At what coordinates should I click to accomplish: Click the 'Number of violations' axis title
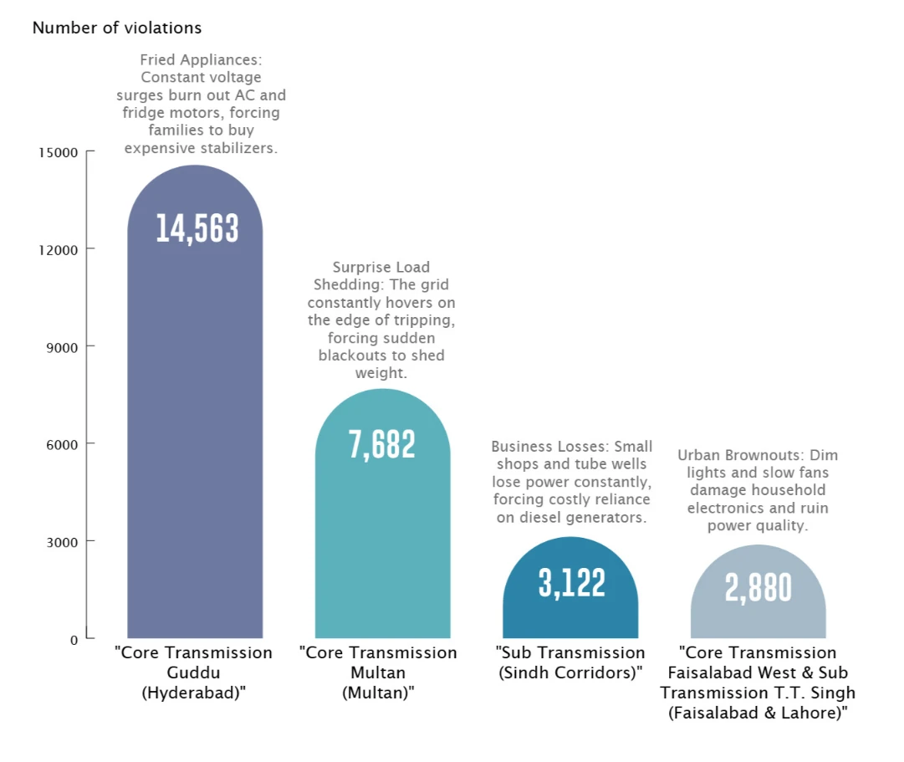117,28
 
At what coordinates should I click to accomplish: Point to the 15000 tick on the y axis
59,153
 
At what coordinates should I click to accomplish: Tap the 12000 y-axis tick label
59,250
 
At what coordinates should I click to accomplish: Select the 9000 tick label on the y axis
62,348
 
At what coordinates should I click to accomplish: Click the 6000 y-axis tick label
62,445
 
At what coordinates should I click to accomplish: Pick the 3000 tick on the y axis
62,542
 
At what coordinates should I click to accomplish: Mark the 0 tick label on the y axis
74,640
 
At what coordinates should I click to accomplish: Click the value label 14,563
197,228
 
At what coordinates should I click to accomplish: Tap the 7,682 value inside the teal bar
381,445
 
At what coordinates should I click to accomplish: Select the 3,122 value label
572,583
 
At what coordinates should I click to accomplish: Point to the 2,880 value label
758,588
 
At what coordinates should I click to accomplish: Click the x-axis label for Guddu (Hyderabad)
194,673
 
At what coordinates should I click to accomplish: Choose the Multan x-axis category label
378,673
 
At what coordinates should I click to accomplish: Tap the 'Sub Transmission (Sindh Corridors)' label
570,662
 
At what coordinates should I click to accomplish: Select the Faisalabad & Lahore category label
758,683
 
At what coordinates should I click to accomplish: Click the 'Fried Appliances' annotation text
202,104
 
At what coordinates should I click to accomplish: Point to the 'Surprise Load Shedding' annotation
381,320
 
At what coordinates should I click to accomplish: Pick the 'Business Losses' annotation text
571,482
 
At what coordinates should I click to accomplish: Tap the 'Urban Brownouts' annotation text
758,490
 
